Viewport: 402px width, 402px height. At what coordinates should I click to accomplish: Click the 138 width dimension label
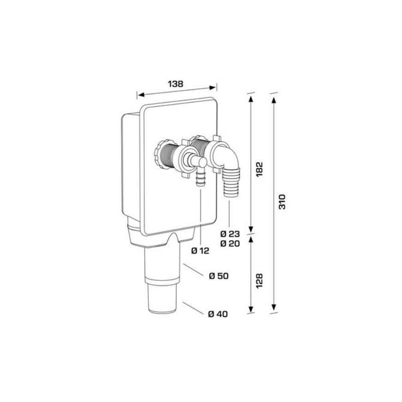(x=176, y=84)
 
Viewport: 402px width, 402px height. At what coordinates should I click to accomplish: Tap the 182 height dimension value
(x=260, y=169)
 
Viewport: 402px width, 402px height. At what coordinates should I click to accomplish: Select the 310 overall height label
(x=282, y=202)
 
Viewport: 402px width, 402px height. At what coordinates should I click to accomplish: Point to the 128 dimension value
(x=260, y=281)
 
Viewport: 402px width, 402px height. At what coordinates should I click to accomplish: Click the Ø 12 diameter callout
(x=200, y=251)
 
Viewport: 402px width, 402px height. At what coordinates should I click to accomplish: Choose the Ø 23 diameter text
(x=230, y=234)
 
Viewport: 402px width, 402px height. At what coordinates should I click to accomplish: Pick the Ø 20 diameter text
(x=230, y=244)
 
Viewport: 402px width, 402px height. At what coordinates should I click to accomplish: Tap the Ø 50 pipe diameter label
(x=219, y=276)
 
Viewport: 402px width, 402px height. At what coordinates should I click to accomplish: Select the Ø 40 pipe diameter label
(x=218, y=314)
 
